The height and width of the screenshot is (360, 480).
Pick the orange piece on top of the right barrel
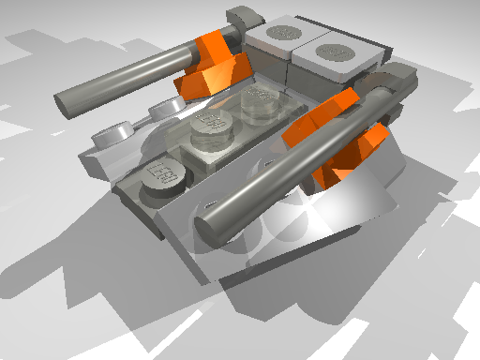point(323,116)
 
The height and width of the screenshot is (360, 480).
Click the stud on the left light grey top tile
point(282,34)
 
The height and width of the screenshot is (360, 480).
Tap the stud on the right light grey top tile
point(336,47)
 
